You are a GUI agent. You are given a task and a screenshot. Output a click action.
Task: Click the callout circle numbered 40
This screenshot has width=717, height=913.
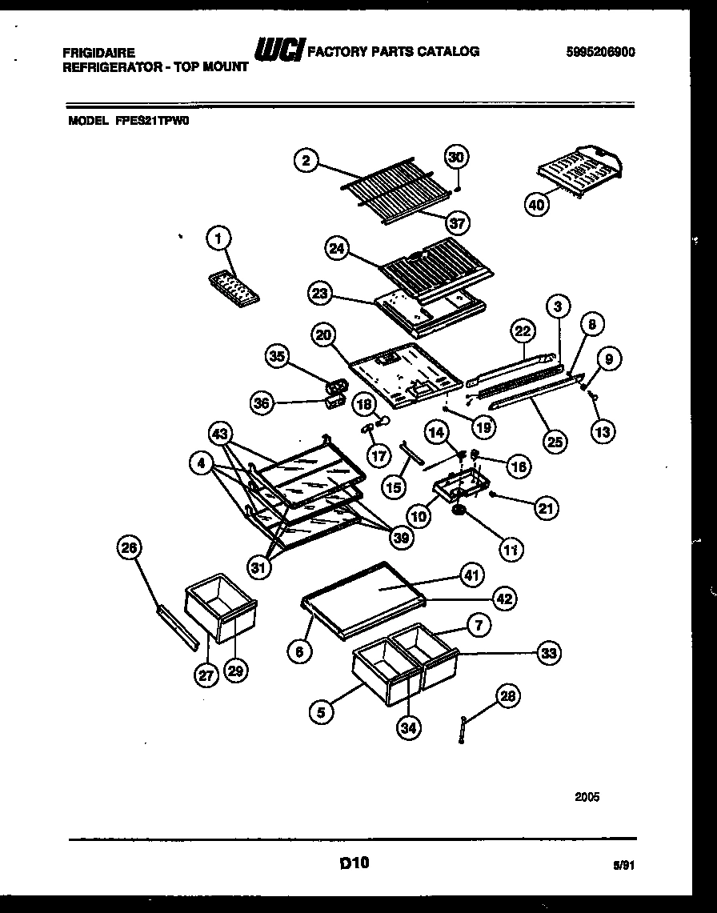537,205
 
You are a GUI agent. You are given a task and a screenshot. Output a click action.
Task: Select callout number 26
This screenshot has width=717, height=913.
129,549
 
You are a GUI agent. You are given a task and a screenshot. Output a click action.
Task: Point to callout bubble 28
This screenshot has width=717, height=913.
507,698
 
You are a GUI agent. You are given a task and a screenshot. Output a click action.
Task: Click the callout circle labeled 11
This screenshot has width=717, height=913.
511,549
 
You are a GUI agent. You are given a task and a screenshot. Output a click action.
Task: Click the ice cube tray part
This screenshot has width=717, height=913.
234,287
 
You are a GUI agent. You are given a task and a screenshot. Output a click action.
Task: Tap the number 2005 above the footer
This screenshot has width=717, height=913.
587,797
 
